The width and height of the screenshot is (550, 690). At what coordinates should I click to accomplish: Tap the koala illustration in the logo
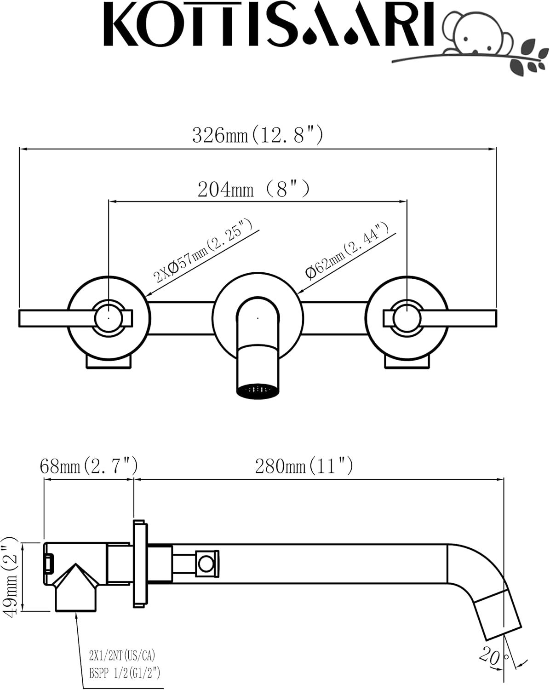pos(474,37)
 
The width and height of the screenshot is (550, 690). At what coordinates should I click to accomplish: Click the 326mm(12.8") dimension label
pos(258,135)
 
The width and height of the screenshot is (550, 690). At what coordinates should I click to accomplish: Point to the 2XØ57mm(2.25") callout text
pos(203,251)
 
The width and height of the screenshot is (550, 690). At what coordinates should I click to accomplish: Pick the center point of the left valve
pos(108,317)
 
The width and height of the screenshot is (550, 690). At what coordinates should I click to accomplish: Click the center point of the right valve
pos(407,317)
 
